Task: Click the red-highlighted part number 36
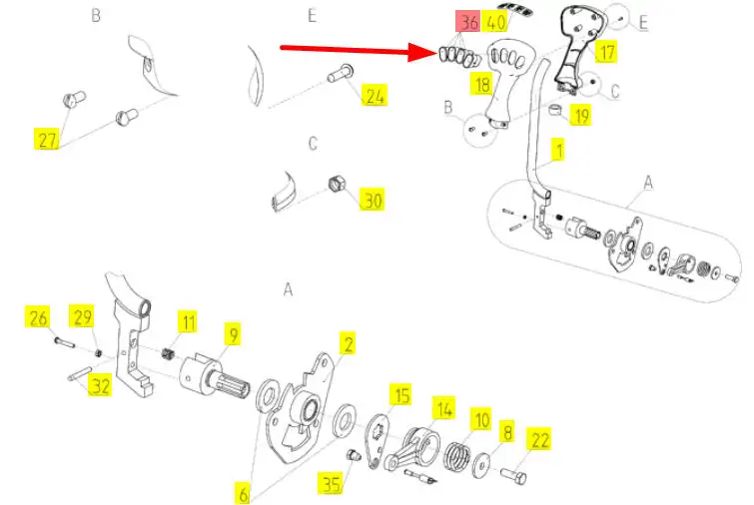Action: coord(467,22)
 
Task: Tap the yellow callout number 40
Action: coord(494,22)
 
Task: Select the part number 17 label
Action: coord(606,52)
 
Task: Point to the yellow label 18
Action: coord(481,84)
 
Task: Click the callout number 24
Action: coord(375,95)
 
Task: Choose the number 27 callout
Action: coord(47,140)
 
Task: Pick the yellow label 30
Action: coord(373,200)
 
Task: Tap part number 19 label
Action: coord(581,116)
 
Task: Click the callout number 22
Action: coord(539,440)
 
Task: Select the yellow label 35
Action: coord(331,483)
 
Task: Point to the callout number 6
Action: coord(244,494)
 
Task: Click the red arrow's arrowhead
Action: coord(423,52)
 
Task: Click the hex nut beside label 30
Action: coord(337,184)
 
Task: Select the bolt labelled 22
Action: coord(513,476)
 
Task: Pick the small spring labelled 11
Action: coord(167,355)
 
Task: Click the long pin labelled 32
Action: coord(80,373)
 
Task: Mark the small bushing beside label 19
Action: coord(555,110)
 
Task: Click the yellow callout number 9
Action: coord(234,334)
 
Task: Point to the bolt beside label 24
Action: coord(341,74)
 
